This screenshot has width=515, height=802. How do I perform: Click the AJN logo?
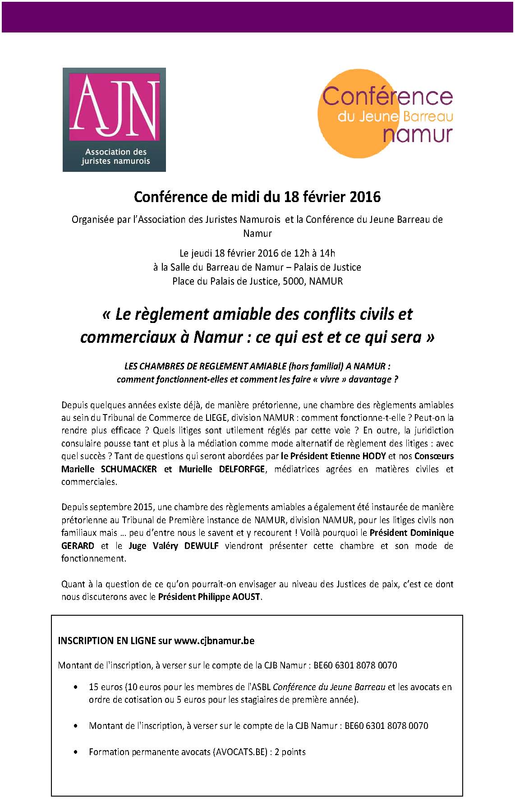[x=114, y=120]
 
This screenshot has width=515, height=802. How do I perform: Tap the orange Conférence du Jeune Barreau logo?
[x=386, y=114]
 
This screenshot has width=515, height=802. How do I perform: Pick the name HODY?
[x=374, y=456]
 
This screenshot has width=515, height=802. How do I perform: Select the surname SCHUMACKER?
[x=129, y=469]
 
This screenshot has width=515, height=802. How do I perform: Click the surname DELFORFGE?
[x=241, y=469]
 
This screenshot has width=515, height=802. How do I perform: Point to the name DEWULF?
[x=201, y=546]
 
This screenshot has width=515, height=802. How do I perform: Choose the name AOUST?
[x=247, y=597]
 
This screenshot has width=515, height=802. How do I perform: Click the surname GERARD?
[x=78, y=546]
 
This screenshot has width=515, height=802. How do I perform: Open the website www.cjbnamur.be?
[x=214, y=641]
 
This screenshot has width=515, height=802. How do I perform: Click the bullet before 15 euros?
[x=75, y=687]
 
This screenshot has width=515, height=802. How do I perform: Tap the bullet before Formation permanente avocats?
[x=75, y=752]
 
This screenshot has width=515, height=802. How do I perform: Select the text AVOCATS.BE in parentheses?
[x=242, y=752]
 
